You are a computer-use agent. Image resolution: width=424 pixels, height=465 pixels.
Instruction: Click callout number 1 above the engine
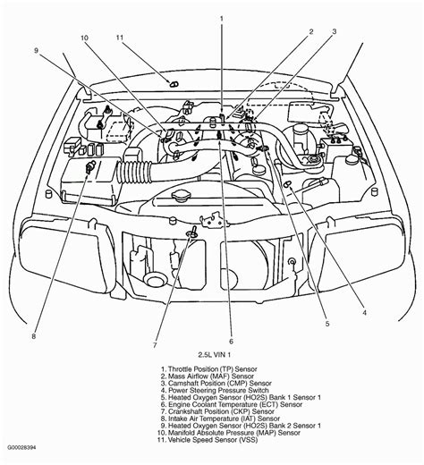tap(220, 18)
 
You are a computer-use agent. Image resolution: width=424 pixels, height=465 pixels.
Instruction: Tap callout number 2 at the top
tap(311, 33)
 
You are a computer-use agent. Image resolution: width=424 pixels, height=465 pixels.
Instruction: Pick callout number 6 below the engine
tap(231, 342)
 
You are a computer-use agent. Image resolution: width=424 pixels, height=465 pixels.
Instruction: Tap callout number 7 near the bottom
tap(155, 345)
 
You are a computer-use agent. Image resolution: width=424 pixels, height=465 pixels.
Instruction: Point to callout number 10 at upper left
tap(84, 38)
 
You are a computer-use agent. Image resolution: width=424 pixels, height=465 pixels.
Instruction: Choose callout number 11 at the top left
tap(120, 38)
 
